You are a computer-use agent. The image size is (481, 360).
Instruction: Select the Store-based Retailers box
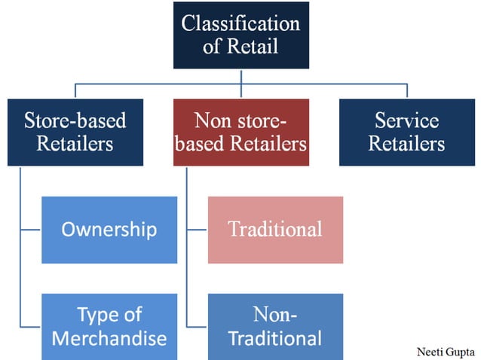75,132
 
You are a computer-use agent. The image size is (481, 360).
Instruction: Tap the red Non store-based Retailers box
240,132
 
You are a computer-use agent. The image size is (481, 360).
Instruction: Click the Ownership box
109,230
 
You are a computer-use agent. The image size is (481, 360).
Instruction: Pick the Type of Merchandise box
109,326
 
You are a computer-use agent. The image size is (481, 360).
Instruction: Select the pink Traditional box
274,230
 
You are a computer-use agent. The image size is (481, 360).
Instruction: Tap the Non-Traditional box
274,326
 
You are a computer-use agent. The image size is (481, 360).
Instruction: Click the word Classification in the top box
240,23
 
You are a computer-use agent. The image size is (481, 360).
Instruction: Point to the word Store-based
75,121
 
